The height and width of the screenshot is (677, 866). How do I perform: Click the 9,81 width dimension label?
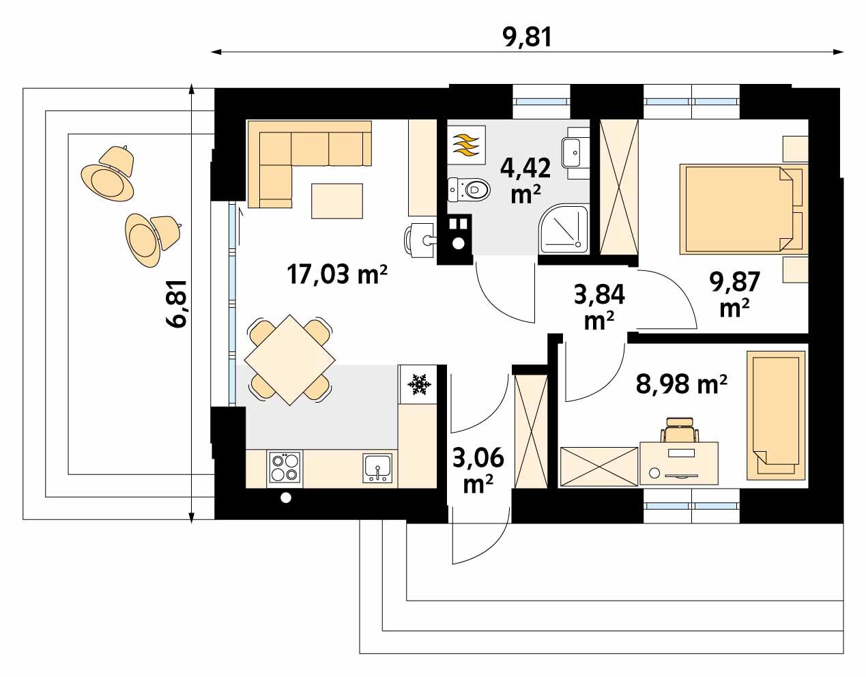[528, 38]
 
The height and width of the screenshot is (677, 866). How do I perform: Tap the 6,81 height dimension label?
[176, 304]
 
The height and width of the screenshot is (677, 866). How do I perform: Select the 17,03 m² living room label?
[336, 274]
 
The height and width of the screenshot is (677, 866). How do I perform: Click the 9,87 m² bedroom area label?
[734, 294]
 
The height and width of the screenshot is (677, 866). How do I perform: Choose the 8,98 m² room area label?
[682, 384]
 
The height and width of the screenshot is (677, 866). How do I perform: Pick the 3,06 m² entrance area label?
[478, 470]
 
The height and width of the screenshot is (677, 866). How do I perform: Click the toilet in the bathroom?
[469, 190]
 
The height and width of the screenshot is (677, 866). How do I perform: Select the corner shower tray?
[564, 229]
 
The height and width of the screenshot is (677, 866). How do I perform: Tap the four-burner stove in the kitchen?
[285, 467]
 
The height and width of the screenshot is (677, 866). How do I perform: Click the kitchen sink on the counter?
[377, 468]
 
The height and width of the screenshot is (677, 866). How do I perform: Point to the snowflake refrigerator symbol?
[419, 384]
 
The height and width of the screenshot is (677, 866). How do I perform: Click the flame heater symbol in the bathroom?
[467, 145]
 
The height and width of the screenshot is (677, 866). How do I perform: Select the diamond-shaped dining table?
[290, 360]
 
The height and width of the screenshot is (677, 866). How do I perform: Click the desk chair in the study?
[680, 429]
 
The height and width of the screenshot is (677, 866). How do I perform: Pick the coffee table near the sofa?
[337, 201]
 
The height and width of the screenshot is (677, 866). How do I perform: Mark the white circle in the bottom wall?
[286, 498]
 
